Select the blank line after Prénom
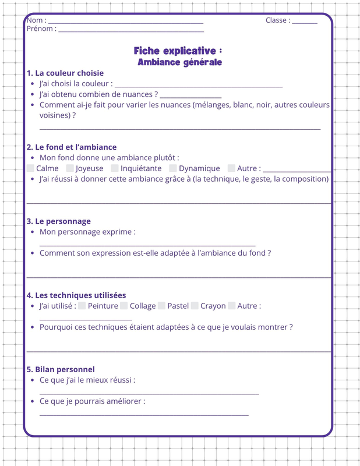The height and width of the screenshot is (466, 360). tap(131, 30)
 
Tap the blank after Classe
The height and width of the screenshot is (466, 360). tap(305, 22)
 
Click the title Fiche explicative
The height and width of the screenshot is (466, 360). tap(178, 51)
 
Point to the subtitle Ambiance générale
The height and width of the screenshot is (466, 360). tap(179, 62)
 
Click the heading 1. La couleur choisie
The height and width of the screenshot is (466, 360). tap(65, 73)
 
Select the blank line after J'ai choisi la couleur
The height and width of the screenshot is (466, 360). tap(199, 86)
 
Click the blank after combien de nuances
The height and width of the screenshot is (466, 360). tap(190, 96)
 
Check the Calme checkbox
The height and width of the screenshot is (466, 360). tap(30, 168)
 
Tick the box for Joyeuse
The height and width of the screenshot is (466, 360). tap(70, 168)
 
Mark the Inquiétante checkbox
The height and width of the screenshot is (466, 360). tap(115, 168)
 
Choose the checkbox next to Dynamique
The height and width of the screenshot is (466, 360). tap(173, 168)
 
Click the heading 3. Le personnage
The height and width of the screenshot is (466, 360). tap(59, 221)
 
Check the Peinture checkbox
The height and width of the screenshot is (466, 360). tap(82, 306)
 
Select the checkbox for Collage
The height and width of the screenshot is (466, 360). tap(124, 306)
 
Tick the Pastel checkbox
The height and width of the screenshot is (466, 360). tap(161, 306)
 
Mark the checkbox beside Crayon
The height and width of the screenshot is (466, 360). tap(195, 306)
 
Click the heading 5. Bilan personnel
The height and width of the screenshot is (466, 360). tap(61, 369)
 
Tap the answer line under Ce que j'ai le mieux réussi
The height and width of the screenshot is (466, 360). tap(149, 393)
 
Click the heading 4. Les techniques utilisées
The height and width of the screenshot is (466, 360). tap(76, 295)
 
